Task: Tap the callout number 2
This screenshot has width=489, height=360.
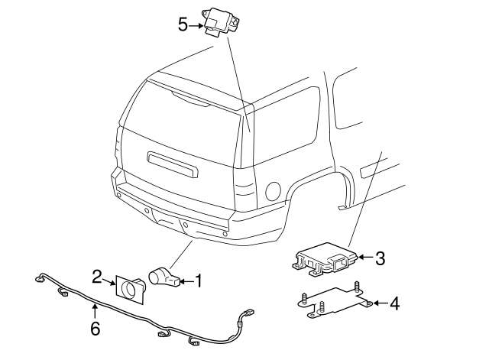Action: [97, 276]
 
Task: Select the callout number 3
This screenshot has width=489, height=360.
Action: [380, 258]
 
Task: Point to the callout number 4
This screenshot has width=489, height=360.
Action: [394, 304]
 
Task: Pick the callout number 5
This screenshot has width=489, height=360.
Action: [183, 24]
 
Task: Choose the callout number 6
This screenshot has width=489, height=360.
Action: [95, 328]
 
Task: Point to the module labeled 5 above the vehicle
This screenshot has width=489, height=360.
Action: [219, 21]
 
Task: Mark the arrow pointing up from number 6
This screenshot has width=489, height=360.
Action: [95, 311]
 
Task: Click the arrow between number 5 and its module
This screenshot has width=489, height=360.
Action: [195, 24]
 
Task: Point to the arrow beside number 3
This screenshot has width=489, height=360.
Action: [364, 258]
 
